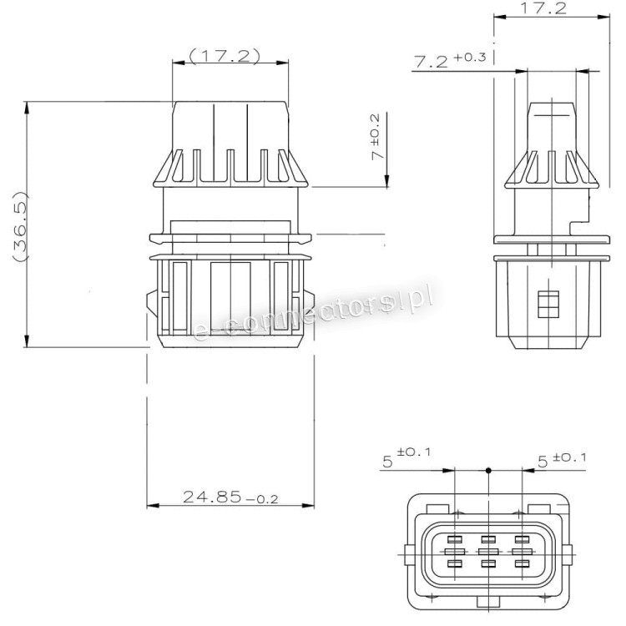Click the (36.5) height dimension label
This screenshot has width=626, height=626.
20,227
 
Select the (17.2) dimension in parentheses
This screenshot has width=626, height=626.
225,56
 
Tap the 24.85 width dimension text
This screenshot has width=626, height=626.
230,497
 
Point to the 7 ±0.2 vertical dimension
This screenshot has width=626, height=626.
376,137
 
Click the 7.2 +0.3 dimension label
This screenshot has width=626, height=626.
450,60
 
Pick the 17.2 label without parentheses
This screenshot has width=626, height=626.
543,8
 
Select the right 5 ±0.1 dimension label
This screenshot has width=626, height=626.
562,459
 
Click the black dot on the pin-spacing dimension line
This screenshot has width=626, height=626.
488,470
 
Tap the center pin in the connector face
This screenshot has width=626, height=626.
488,552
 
